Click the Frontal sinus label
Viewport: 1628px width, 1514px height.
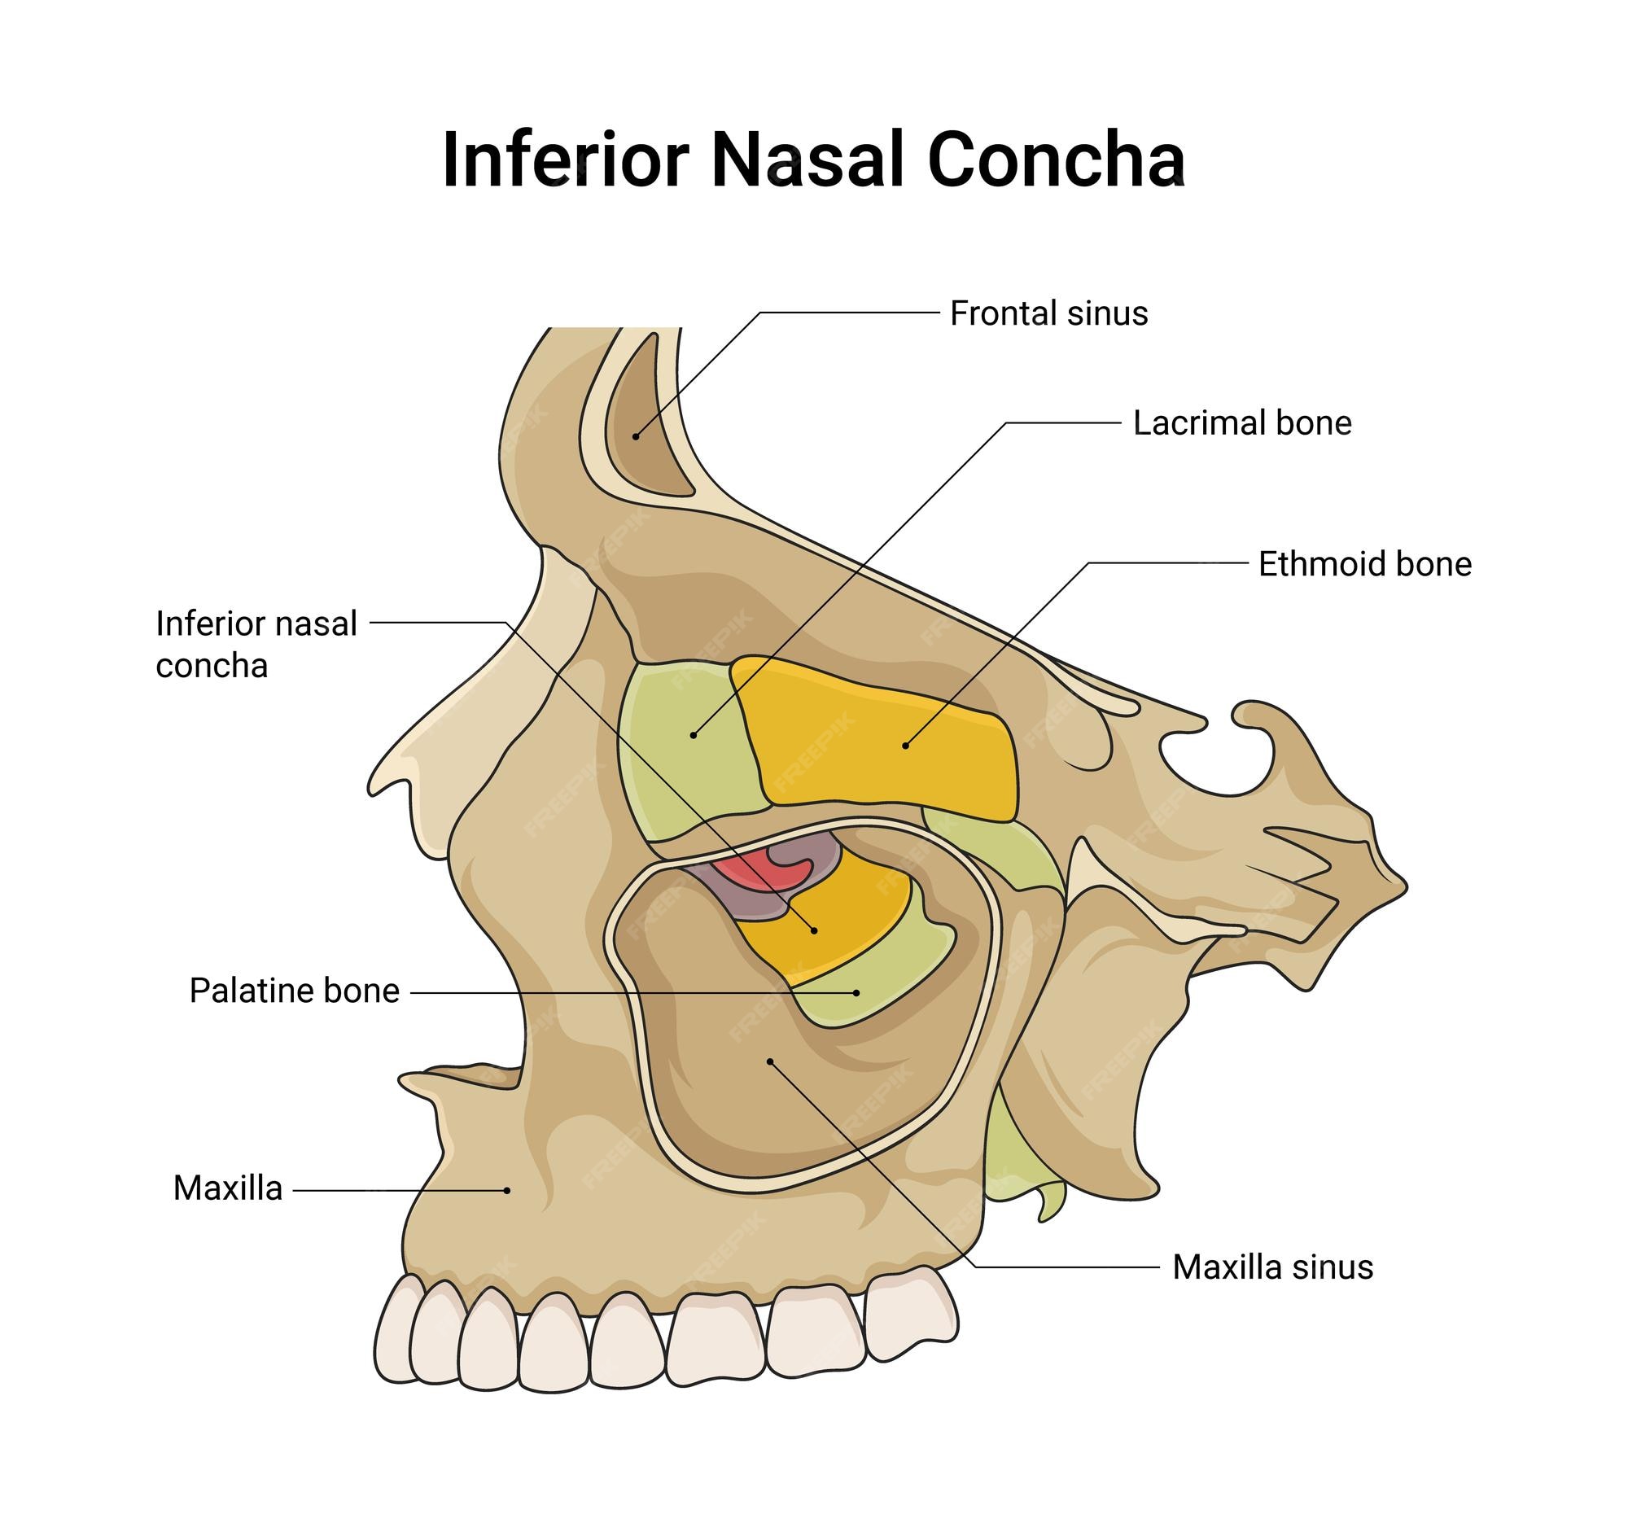(1048, 313)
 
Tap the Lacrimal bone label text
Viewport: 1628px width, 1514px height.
(1241, 423)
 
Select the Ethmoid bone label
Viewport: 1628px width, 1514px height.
(1364, 564)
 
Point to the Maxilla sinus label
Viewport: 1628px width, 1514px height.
(1272, 1267)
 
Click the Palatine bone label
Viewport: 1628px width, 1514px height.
(294, 991)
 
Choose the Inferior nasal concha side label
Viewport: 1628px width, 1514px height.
(256, 645)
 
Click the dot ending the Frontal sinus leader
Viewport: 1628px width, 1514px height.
(636, 436)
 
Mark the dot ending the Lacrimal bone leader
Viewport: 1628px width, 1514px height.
(694, 735)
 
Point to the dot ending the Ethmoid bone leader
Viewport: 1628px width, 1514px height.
(905, 745)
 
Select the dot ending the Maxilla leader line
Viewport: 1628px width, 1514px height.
(507, 1191)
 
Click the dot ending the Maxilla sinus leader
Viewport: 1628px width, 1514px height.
(770, 1062)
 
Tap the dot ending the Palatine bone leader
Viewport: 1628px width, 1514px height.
(856, 992)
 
